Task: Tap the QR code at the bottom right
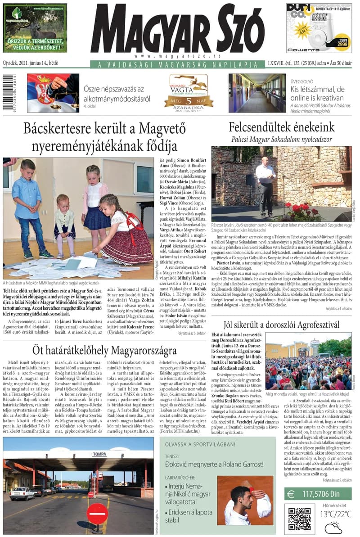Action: pos(299,519)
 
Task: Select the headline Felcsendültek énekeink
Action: pos(281,127)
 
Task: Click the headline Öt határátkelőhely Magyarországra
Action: pos(104,350)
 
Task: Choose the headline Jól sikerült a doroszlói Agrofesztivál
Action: pos(281,324)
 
